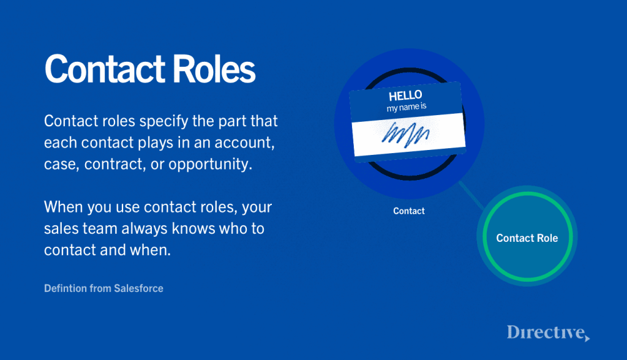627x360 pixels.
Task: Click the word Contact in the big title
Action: coord(105,69)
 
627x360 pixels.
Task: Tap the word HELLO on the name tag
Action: coord(405,96)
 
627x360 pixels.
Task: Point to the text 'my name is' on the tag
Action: coord(407,107)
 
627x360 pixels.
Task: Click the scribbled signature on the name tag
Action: coord(405,135)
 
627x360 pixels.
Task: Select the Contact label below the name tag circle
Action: coord(408,211)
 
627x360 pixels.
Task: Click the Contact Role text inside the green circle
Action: coord(527,238)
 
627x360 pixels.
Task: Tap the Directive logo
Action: coord(548,333)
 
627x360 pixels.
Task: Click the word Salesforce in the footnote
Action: coord(139,288)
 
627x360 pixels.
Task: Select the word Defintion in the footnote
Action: coord(65,288)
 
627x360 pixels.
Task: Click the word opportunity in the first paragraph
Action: coord(211,165)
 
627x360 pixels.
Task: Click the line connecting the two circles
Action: coord(472,195)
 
